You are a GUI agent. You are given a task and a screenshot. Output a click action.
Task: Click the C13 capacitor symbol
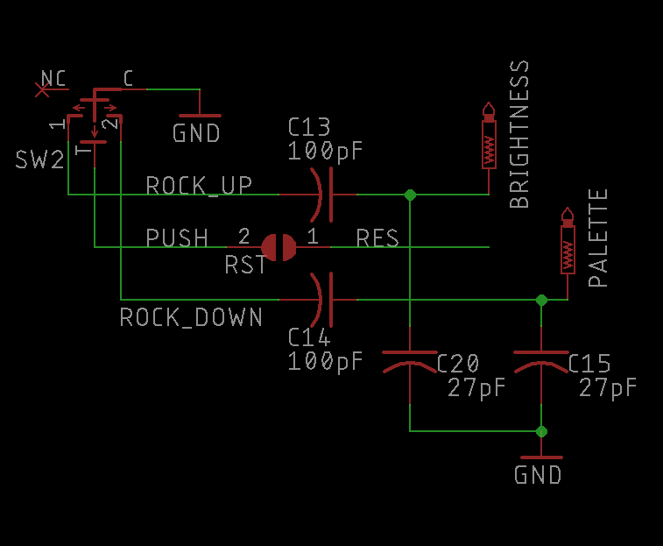pos(323,194)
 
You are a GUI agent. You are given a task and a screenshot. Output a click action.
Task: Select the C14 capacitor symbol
pos(323,299)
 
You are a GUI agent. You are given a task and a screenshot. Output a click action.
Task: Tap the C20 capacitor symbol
pos(409,363)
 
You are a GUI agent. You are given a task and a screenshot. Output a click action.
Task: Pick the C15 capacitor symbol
pos(541,363)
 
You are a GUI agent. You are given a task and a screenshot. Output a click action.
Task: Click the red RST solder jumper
pos(279,247)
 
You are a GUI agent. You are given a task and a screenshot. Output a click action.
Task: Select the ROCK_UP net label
pos(199,186)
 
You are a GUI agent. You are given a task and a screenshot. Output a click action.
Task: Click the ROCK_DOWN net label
pos(191,316)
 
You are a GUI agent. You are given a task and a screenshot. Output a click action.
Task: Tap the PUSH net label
pos(177,238)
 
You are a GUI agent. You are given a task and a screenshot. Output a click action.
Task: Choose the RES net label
pos(377,238)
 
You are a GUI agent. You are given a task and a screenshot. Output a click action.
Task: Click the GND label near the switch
pos(196,134)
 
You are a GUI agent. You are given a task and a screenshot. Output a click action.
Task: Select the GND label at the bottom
pos(538,475)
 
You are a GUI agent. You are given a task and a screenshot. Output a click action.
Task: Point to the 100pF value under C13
pos(325,151)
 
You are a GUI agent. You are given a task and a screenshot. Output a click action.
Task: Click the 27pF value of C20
pos(476,386)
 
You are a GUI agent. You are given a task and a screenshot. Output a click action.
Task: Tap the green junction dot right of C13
pos(409,194)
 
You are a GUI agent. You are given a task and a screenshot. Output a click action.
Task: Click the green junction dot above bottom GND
pos(541,430)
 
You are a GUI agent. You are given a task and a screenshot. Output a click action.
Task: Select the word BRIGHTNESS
pos(519,134)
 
